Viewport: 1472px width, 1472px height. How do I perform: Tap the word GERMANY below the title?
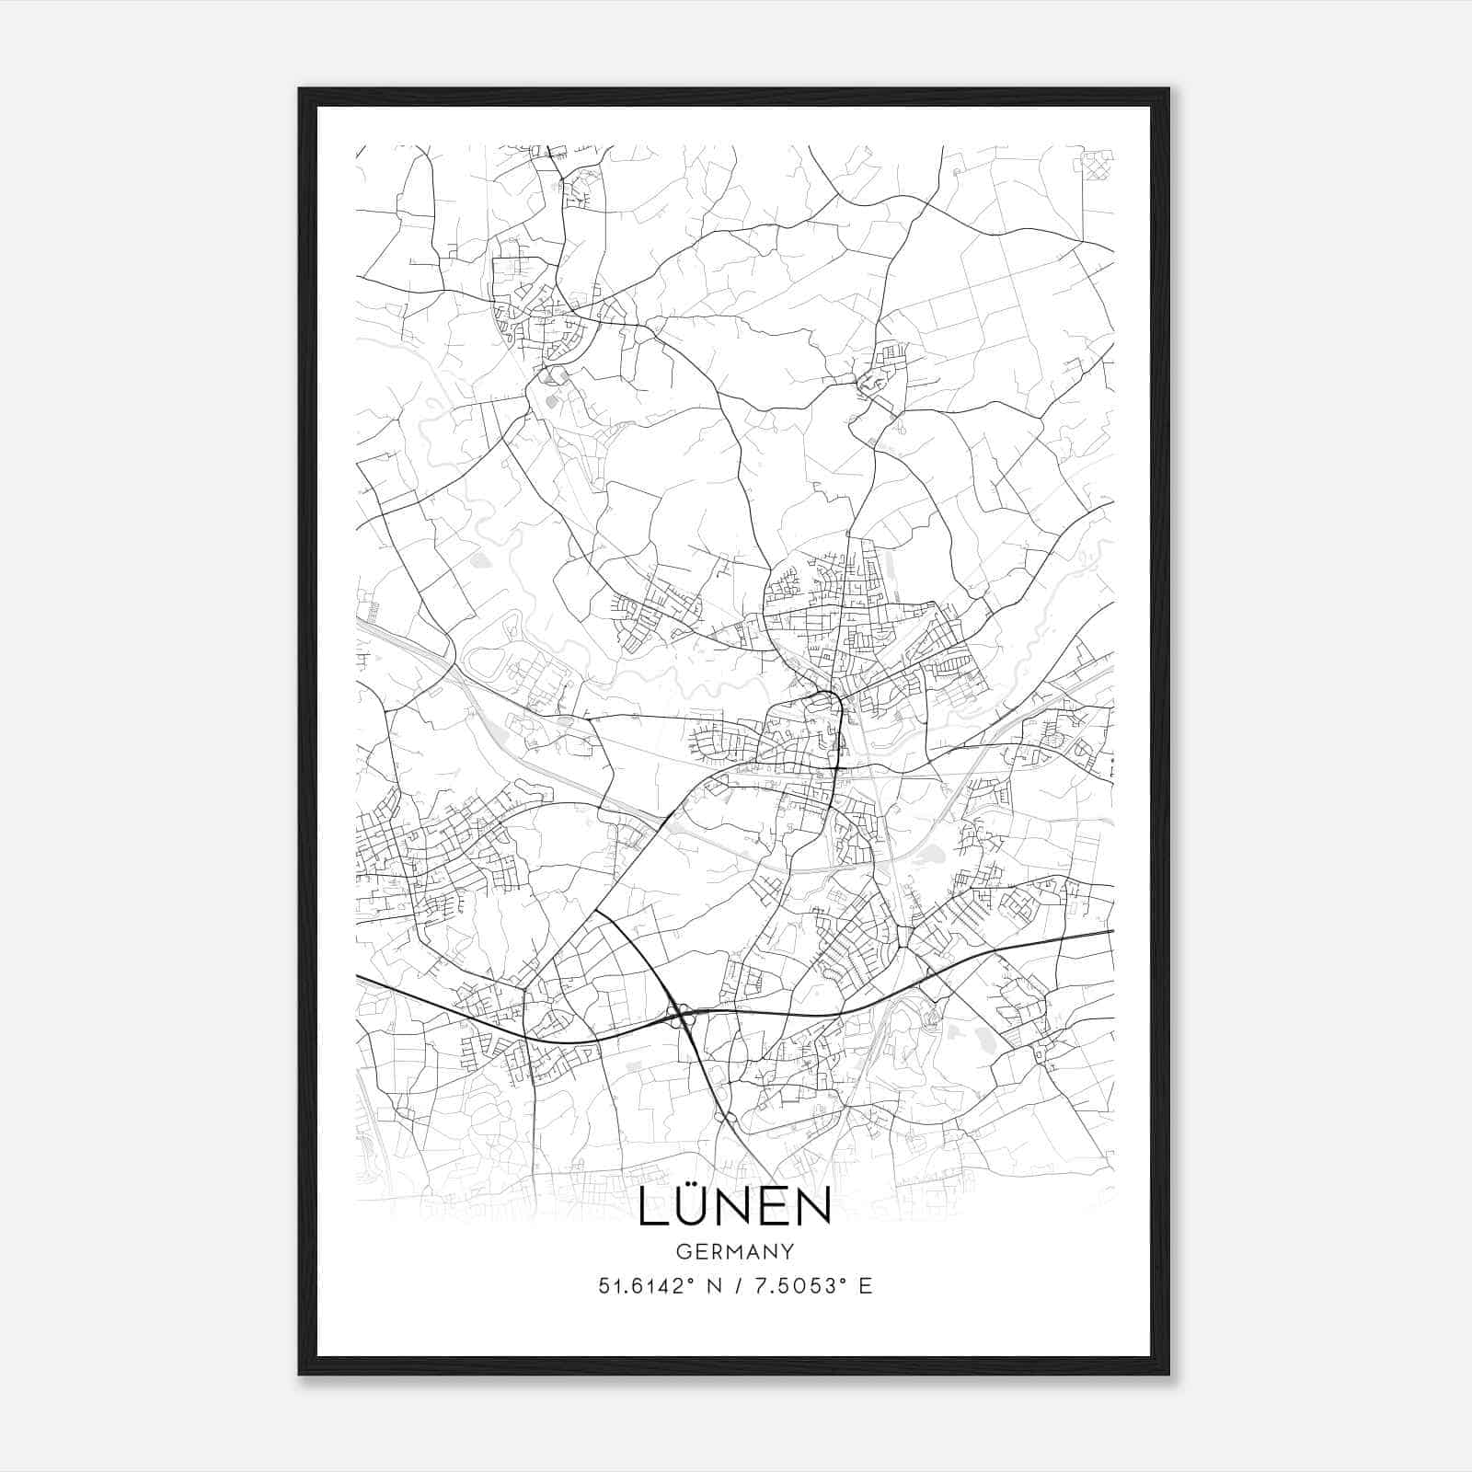pos(734,1252)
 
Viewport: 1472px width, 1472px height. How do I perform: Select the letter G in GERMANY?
pos(682,1252)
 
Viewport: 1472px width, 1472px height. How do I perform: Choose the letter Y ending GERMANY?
pos(788,1252)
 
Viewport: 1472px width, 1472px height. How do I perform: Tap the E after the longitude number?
pos(865,1286)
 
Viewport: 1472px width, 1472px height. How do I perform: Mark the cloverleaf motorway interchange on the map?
pos(681,1016)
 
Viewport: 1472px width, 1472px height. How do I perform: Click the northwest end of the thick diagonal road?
pos(597,912)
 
